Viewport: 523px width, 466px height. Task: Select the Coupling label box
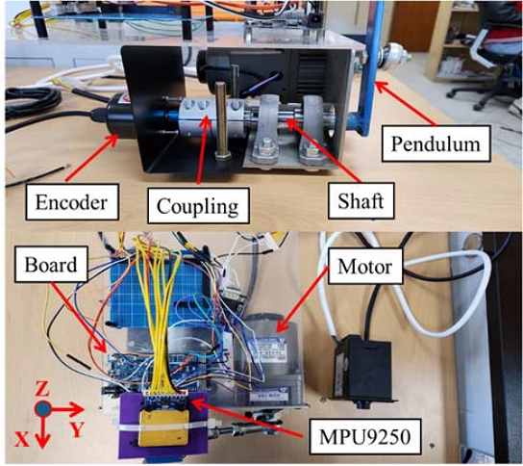coord(194,204)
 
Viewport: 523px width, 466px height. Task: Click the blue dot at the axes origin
coord(43,409)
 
